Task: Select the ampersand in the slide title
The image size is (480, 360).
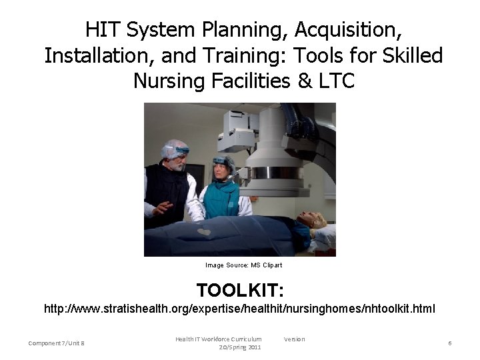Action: click(x=299, y=81)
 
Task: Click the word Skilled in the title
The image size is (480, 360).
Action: click(x=407, y=55)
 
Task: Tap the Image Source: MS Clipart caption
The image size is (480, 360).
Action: click(x=243, y=265)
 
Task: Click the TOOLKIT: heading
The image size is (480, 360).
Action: click(x=240, y=291)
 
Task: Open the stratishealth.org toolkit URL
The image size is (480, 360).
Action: click(x=239, y=309)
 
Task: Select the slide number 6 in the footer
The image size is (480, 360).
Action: click(x=450, y=343)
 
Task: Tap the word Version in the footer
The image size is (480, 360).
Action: click(x=294, y=339)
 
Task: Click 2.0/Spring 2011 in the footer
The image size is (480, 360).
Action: click(x=239, y=347)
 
